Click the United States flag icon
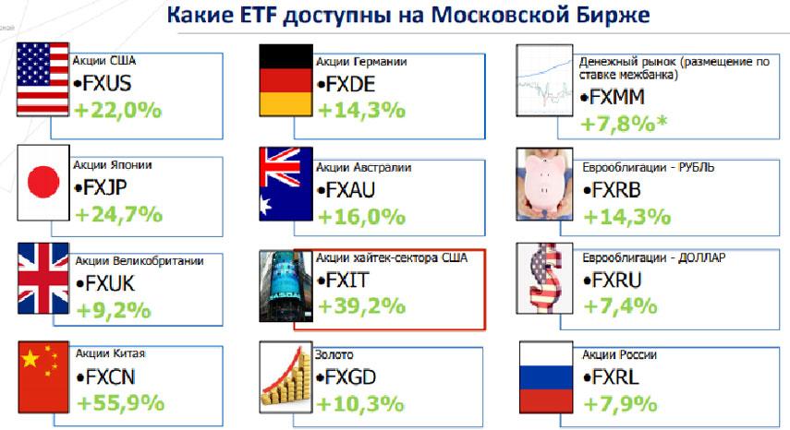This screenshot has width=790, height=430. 43,79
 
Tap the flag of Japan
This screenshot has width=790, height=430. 43,183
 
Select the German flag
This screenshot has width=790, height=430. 286,80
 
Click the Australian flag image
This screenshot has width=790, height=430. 286,184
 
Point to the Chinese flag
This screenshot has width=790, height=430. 43,377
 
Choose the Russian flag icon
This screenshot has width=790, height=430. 546,377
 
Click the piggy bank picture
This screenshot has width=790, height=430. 544,184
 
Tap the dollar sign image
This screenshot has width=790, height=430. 544,279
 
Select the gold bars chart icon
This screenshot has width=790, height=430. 286,377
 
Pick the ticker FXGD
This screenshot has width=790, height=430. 346,377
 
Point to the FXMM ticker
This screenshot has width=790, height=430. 613,97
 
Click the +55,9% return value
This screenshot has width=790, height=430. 120,403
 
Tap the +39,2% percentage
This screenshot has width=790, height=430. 362,306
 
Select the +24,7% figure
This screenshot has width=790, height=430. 118,215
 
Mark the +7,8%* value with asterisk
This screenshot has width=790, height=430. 625,124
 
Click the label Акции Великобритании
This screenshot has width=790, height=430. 140,261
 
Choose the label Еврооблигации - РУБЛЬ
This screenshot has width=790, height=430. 649,167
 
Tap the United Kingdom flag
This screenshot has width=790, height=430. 43,279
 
